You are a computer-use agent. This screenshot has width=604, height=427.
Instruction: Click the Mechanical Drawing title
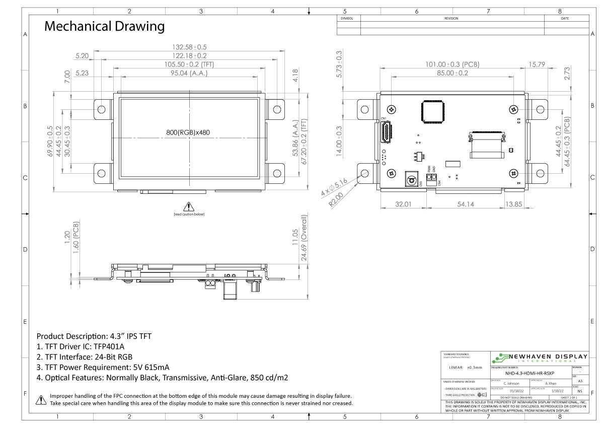(104, 26)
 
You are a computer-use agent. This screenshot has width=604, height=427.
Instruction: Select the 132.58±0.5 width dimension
(189, 47)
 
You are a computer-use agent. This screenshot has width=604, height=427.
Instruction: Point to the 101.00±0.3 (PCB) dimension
(452, 64)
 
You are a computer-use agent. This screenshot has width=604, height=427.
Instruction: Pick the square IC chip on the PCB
(432, 111)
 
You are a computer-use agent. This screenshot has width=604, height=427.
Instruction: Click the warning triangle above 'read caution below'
(189, 206)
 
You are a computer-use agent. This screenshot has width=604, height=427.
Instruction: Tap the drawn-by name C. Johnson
(511, 383)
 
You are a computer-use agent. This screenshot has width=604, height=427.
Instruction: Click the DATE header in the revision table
(565, 19)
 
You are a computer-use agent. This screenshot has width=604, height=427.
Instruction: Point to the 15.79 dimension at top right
(537, 64)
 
